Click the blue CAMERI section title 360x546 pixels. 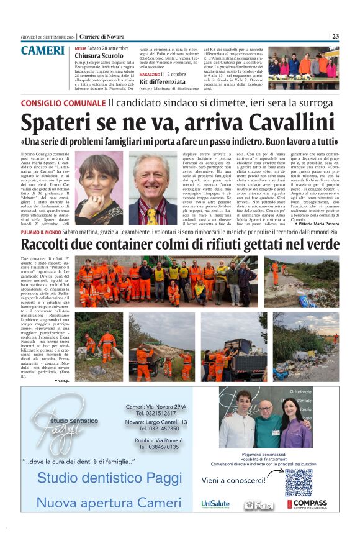click(43, 51)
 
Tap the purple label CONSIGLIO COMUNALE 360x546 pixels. click(62, 102)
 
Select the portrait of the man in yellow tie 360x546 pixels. click(153, 189)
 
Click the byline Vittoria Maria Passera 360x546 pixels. click(317, 241)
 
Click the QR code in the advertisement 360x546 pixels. click(299, 483)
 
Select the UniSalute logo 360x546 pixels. click(215, 504)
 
